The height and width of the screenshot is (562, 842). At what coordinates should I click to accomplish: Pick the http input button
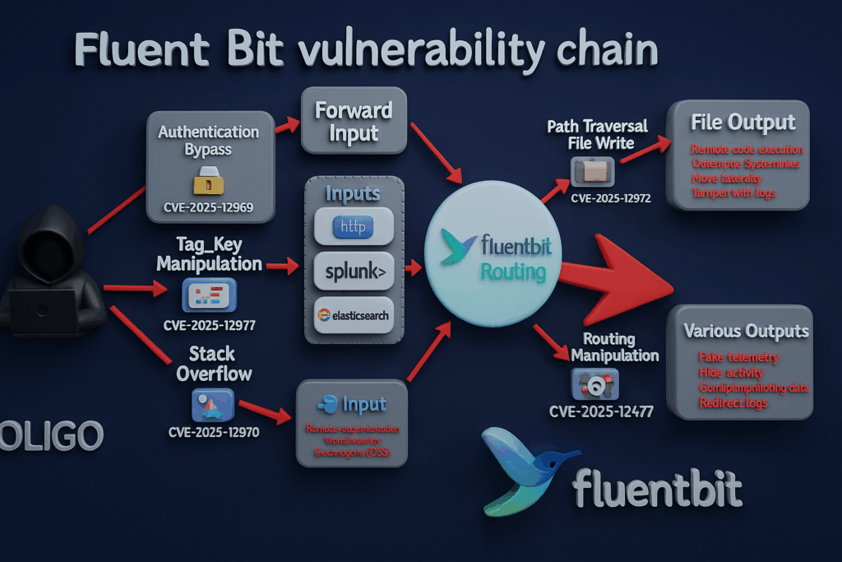coord(354,224)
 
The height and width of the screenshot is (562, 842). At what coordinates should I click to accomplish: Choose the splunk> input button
coord(354,270)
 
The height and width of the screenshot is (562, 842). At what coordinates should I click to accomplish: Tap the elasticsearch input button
coord(354,315)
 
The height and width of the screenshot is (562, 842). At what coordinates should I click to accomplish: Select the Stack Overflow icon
coord(211,404)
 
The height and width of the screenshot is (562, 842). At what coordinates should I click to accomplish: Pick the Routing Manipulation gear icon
coord(594,384)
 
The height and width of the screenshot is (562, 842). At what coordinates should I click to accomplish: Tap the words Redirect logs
coord(733,403)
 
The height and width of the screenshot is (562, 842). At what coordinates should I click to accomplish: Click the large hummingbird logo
coord(518,469)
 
